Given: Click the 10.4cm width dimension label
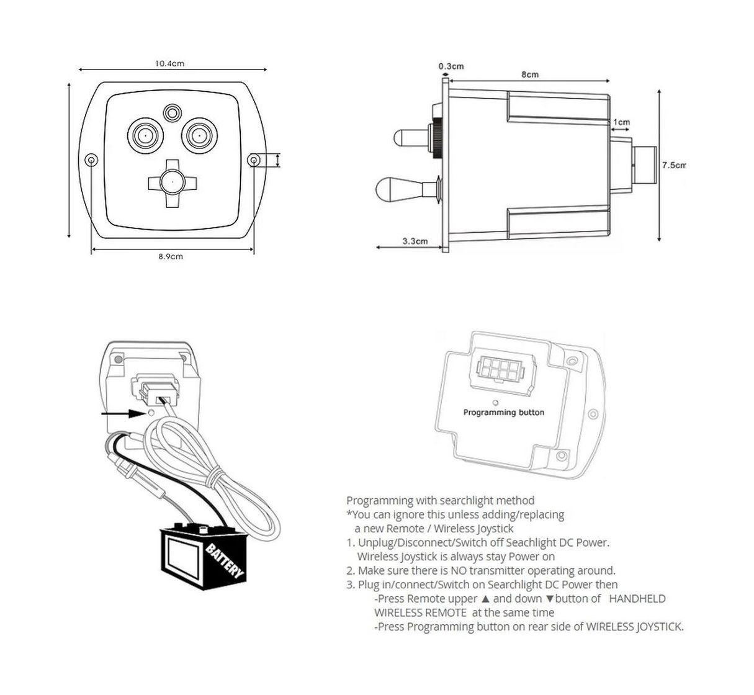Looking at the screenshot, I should click(169, 63).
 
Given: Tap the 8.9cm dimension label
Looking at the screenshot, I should click(170, 256).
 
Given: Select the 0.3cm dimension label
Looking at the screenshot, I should click(451, 66).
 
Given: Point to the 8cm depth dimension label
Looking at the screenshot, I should click(529, 74).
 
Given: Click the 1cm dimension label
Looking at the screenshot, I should click(621, 122).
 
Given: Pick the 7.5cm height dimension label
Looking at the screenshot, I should click(673, 166).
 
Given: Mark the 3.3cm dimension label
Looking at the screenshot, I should click(415, 241).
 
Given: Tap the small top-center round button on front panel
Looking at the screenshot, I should click(171, 112).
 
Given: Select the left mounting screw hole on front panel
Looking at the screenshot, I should click(92, 161).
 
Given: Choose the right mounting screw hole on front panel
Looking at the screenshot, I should click(253, 161).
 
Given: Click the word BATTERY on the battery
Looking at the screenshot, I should click(224, 561).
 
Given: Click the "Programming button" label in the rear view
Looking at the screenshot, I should click(503, 413).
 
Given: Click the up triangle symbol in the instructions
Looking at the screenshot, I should click(485, 599).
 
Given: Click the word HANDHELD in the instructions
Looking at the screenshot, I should click(637, 599).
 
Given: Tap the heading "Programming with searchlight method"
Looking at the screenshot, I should click(440, 500).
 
